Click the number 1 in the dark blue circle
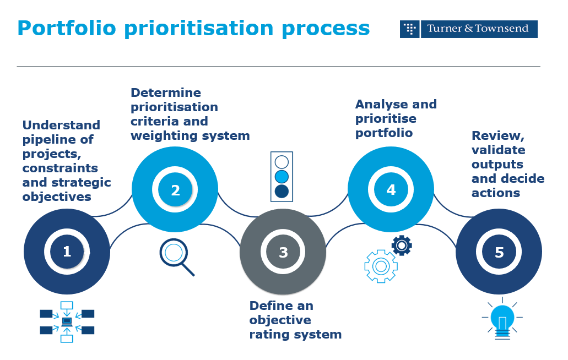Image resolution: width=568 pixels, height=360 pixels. (x=67, y=252)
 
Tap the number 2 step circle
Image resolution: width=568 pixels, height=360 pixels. (x=175, y=190)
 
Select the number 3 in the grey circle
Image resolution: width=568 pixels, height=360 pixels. (x=283, y=252)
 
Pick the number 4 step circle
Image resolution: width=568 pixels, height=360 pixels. (x=391, y=190)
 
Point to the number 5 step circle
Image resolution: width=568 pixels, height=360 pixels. (x=499, y=252)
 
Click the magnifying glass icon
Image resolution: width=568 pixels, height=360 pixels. (x=176, y=255)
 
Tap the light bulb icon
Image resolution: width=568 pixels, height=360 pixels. (x=502, y=320)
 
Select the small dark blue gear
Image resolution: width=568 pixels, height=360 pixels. (x=402, y=245)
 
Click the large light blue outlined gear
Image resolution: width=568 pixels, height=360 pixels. (x=381, y=266)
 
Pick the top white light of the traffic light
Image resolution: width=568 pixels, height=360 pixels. (x=282, y=162)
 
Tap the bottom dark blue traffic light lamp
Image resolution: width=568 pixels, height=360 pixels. (x=282, y=191)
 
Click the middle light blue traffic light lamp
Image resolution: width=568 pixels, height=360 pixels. (x=282, y=176)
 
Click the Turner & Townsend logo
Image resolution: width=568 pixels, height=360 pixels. (x=468, y=29)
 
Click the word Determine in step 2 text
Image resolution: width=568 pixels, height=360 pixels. (x=166, y=92)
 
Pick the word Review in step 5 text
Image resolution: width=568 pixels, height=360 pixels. (x=496, y=136)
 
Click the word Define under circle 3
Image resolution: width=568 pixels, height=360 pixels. (x=273, y=306)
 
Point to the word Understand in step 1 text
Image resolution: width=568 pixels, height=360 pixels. (x=61, y=126)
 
